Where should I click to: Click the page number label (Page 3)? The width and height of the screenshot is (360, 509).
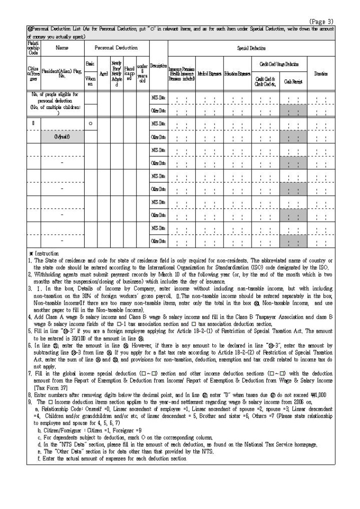[322, 22]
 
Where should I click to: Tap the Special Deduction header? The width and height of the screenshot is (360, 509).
[251, 48]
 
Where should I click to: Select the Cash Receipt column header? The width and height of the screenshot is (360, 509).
[293, 82]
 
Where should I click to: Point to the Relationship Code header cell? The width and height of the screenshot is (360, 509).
[33, 48]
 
